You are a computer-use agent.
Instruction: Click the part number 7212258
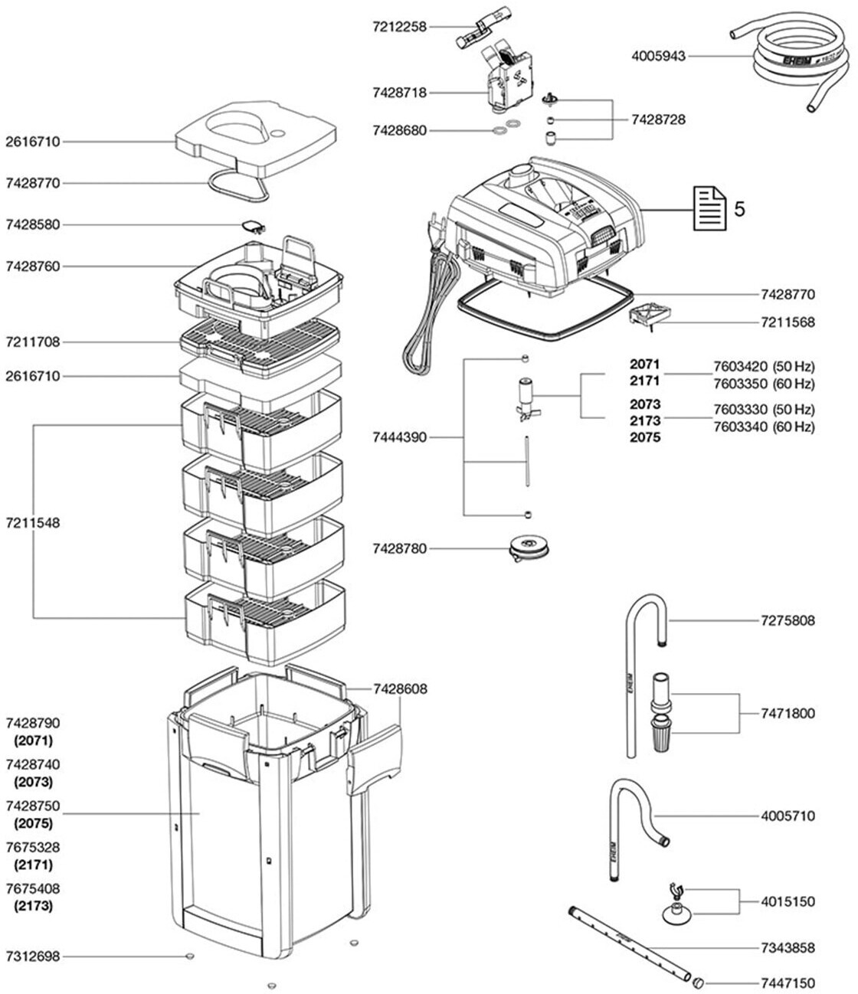[x=399, y=27]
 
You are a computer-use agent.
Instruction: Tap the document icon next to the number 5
[x=710, y=208]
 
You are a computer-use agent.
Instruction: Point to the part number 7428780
[x=399, y=549]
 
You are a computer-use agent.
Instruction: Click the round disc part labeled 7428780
[x=529, y=548]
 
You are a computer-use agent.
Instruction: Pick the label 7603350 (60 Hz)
[x=764, y=384]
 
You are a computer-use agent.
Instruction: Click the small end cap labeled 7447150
[x=697, y=982]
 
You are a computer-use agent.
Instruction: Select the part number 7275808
[x=788, y=621]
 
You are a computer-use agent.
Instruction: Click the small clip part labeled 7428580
[x=253, y=226]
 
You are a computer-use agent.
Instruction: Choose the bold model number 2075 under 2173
[x=645, y=437]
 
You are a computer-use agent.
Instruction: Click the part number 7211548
[x=33, y=523]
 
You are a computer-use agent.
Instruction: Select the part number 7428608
[x=400, y=689]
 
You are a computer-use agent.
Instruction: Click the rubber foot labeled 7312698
[x=189, y=956]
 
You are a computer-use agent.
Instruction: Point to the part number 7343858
[x=788, y=948]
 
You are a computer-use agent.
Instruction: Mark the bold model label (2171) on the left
[x=33, y=865]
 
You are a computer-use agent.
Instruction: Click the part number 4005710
[x=788, y=816]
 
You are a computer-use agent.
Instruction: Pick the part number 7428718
[x=399, y=93]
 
